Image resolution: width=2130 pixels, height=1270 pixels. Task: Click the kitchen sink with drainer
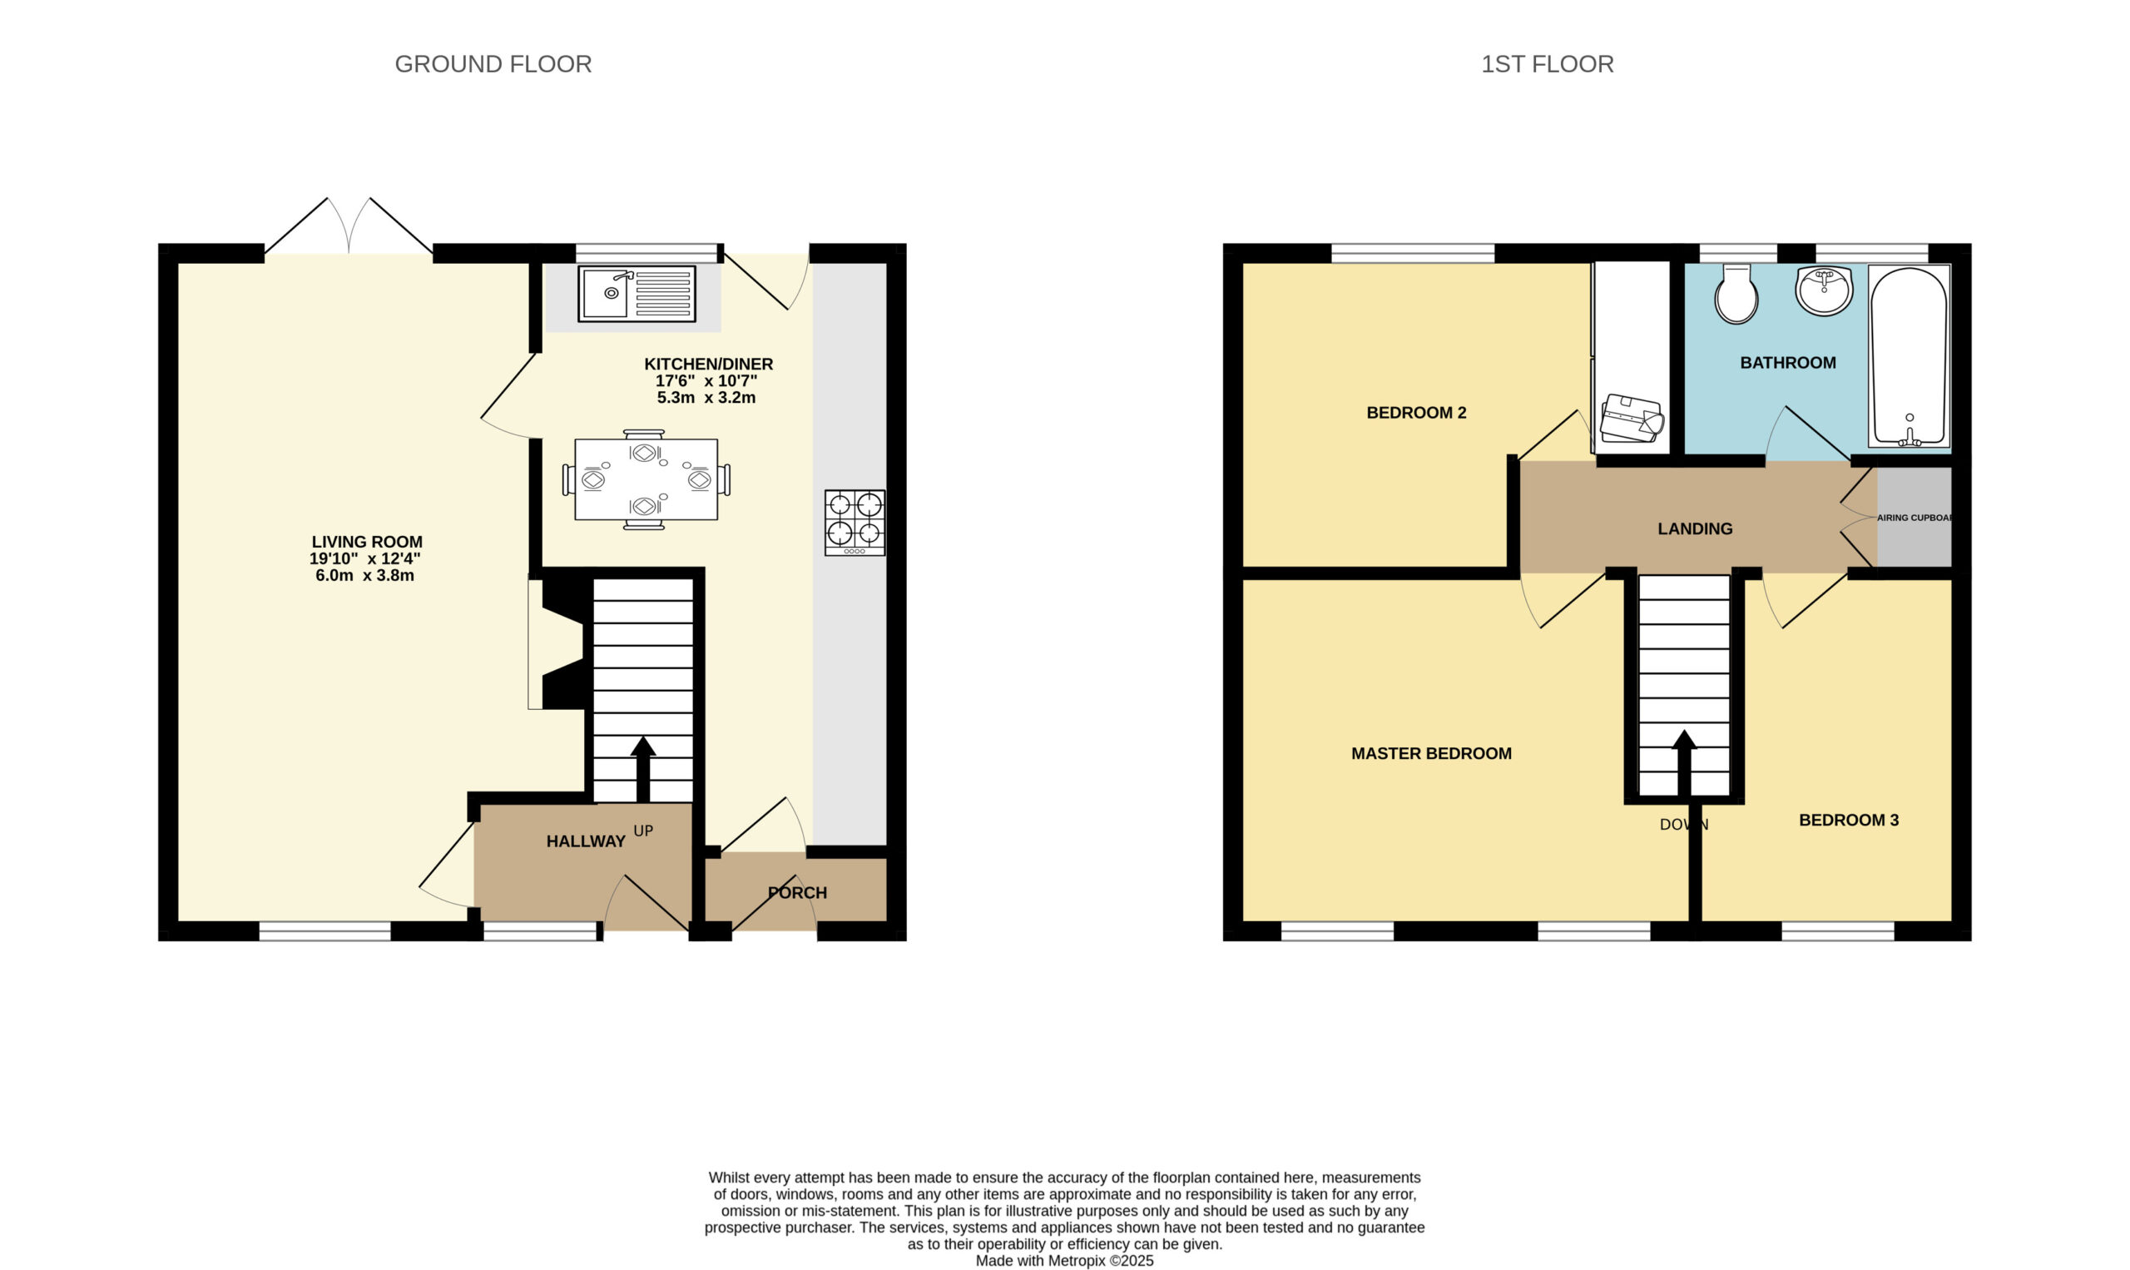tap(637, 294)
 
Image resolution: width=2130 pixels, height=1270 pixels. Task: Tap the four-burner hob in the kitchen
tap(854, 522)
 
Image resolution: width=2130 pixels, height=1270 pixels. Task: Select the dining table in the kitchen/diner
tap(646, 479)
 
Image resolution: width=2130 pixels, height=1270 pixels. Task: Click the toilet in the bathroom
tap(1736, 294)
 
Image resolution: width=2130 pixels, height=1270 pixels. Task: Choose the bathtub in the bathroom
tap(1910, 356)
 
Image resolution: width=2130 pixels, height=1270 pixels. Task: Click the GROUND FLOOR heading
tap(493, 64)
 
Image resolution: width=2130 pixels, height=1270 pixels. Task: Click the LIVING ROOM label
tap(367, 542)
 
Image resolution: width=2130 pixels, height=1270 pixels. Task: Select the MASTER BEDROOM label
tap(1431, 753)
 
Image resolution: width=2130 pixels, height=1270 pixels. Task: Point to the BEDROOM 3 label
tap(1849, 820)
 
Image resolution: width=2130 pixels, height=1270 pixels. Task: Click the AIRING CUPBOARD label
tap(1915, 518)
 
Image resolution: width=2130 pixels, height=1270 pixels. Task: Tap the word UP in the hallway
tap(643, 831)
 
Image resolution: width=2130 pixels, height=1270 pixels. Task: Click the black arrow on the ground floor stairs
tap(643, 769)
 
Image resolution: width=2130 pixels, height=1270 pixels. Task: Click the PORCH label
tap(797, 893)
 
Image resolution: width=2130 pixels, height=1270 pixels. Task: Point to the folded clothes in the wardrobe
tap(1632, 419)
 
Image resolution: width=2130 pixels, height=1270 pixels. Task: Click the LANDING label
tap(1695, 528)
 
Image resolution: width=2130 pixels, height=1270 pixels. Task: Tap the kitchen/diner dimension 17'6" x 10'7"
tap(706, 381)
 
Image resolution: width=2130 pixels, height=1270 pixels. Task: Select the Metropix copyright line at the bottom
tap(1064, 1261)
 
